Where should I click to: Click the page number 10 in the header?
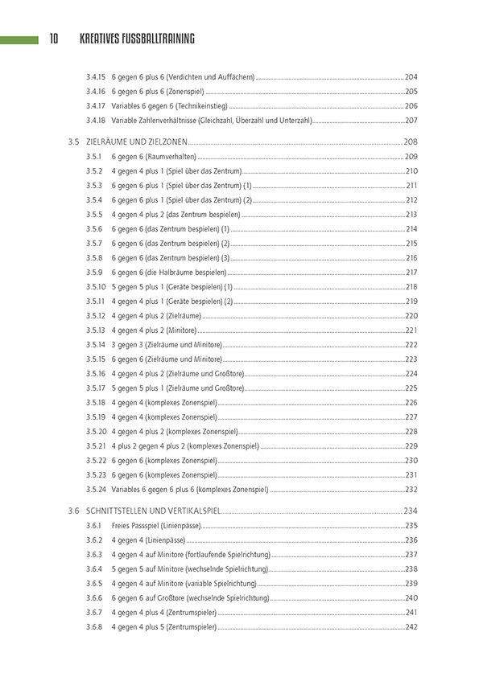pyautogui.click(x=53, y=39)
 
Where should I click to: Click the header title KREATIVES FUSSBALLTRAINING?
pyautogui.click(x=137, y=39)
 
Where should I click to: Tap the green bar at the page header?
pyautogui.click(x=19, y=39)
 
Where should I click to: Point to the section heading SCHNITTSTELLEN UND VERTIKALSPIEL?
pyautogui.click(x=152, y=511)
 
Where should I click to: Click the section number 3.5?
pyautogui.click(x=72, y=142)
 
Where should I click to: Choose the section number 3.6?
pyautogui.click(x=72, y=511)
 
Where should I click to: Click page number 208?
pyautogui.click(x=411, y=142)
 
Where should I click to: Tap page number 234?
pyautogui.click(x=411, y=511)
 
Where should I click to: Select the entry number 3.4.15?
pyautogui.click(x=96, y=76)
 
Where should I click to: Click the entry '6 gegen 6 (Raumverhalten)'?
pyautogui.click(x=153, y=157)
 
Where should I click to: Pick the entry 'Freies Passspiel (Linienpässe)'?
pyautogui.click(x=155, y=526)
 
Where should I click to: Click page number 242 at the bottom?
pyautogui.click(x=411, y=627)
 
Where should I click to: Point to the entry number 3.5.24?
pyautogui.click(x=96, y=490)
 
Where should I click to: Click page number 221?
pyautogui.click(x=411, y=330)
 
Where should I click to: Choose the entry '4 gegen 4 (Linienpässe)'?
pyautogui.click(x=148, y=540)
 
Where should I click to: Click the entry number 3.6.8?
pyautogui.click(x=94, y=627)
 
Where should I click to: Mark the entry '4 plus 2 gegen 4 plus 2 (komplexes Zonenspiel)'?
pyautogui.click(x=185, y=446)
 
